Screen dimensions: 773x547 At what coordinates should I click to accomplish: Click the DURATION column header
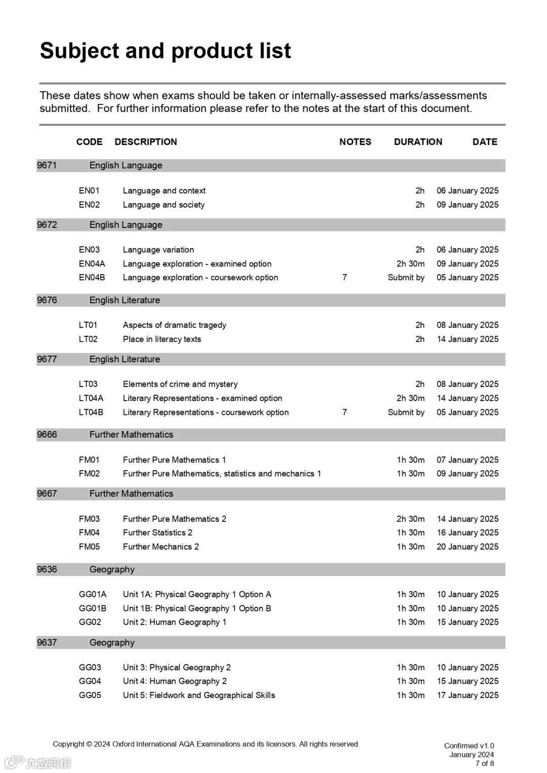(418, 142)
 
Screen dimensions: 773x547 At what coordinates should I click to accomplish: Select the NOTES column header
(355, 142)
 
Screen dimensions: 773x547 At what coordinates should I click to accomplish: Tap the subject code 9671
(47, 166)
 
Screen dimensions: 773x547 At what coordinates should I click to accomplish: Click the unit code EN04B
(92, 278)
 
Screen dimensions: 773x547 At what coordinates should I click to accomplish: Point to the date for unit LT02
(467, 339)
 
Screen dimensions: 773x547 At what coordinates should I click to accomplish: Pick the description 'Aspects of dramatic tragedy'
(174, 325)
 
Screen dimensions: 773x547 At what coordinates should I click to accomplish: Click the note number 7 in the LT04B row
(344, 412)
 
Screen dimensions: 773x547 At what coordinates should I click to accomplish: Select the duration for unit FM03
(410, 519)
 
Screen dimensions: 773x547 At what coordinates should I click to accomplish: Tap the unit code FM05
(89, 547)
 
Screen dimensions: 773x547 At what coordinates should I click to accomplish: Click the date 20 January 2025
(467, 547)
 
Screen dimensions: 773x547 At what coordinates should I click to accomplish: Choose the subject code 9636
(47, 569)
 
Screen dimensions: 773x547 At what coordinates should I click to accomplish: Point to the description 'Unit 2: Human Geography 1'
(174, 623)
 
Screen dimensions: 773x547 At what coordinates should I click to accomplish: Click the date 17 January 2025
(467, 695)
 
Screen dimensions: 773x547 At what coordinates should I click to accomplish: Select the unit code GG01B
(92, 608)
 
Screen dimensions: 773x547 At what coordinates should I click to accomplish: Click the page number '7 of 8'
(485, 763)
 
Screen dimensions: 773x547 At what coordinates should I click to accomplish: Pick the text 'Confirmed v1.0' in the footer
(469, 746)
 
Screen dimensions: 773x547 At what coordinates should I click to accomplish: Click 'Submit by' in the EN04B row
(406, 278)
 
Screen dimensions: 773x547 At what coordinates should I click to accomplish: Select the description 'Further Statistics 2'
(158, 533)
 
